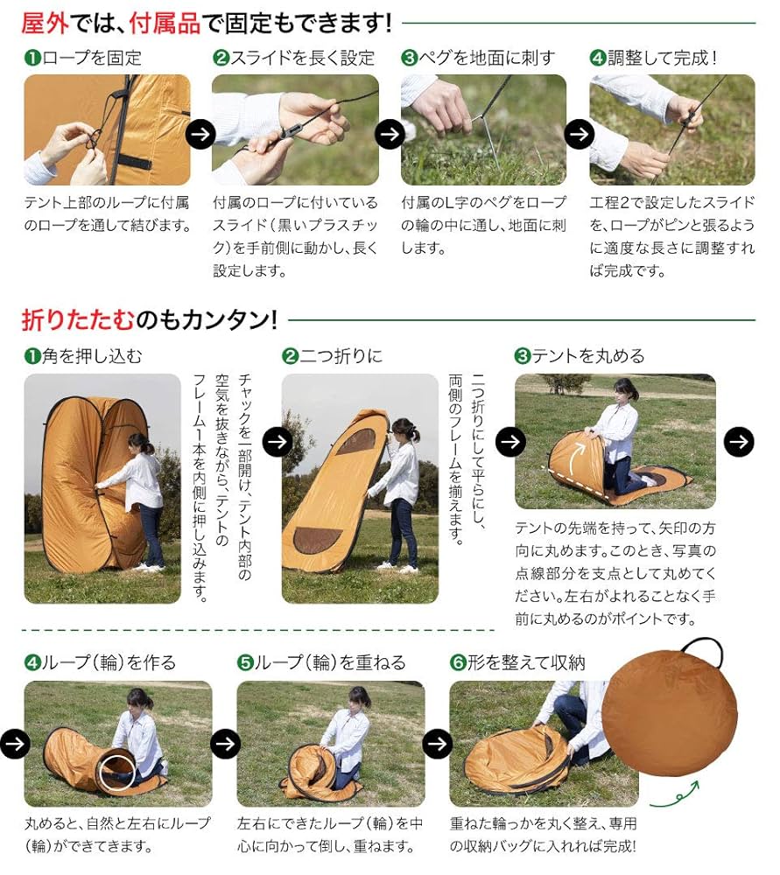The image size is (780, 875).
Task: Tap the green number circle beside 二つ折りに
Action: (x=290, y=356)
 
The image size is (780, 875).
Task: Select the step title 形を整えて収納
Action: (x=526, y=662)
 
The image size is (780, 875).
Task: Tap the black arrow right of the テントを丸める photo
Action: (x=739, y=441)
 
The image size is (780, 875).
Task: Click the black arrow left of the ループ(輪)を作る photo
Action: (x=15, y=744)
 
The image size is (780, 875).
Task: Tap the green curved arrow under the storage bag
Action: (x=673, y=796)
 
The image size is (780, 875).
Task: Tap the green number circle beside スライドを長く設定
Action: (x=221, y=59)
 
